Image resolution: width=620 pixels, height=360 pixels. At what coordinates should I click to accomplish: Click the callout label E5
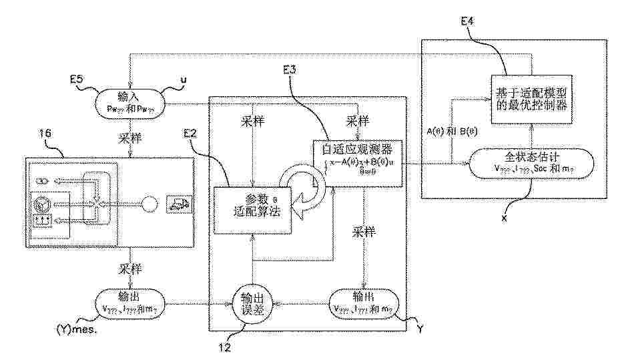[77, 78]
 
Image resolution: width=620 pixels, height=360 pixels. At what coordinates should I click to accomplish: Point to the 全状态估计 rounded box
[530, 166]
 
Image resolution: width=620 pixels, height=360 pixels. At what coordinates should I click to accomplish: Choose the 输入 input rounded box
[128, 101]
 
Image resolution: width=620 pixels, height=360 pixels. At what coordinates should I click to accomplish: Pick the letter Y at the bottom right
[418, 329]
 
